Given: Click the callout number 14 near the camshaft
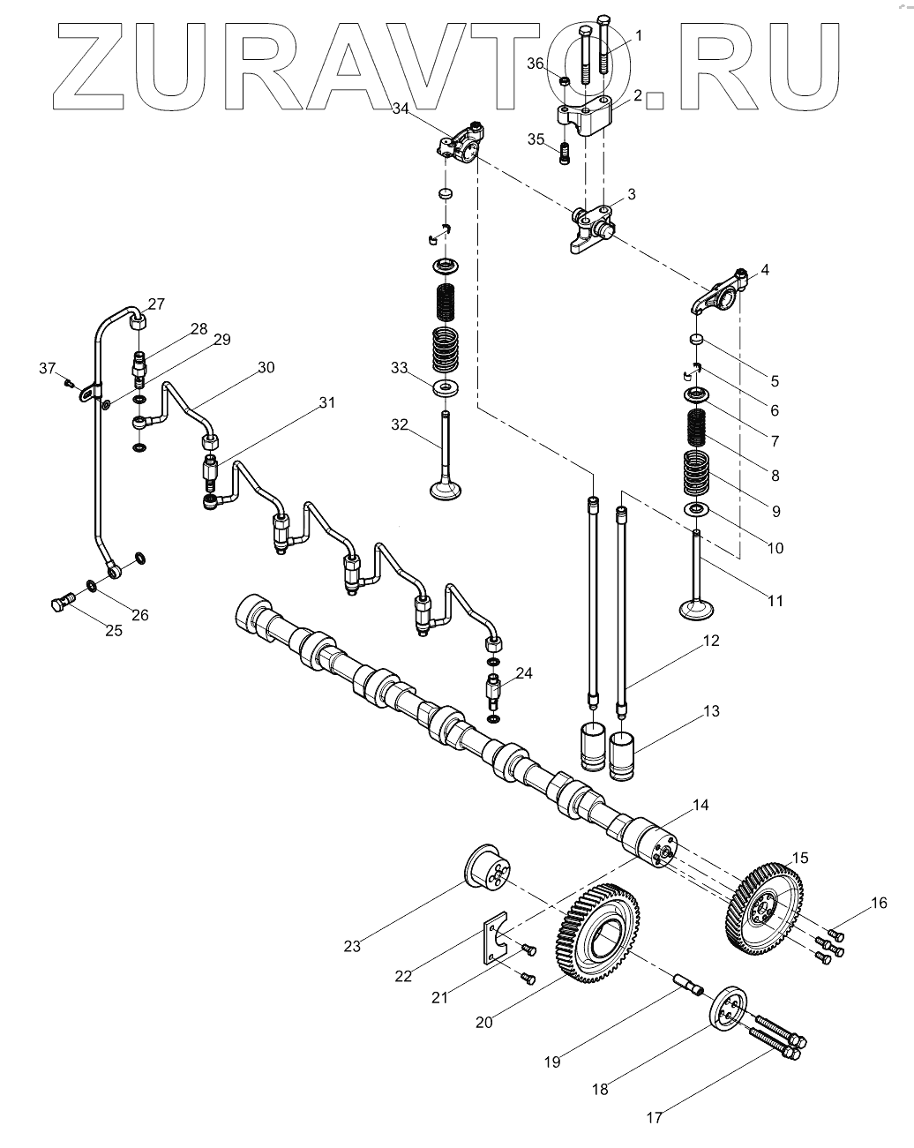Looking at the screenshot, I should pyautogui.click(x=700, y=806).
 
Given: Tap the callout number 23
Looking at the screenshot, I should pyautogui.click(x=352, y=947).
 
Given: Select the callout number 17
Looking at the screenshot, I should pyautogui.click(x=654, y=1117).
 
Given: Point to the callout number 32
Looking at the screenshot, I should pyautogui.click(x=401, y=424).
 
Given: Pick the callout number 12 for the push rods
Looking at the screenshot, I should pyautogui.click(x=711, y=642).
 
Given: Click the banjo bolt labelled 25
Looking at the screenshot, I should pyautogui.click(x=59, y=604).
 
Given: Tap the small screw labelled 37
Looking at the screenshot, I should pyautogui.click(x=69, y=382).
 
